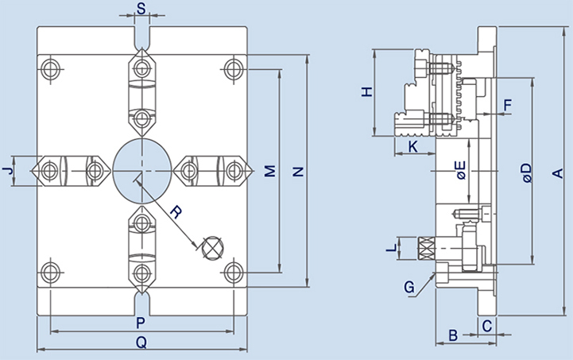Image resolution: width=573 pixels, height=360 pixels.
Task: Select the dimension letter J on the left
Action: pyautogui.click(x=7, y=171)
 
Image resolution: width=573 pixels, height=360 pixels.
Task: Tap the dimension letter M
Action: pyautogui.click(x=269, y=171)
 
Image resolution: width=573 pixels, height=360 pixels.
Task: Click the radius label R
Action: pyautogui.click(x=177, y=212)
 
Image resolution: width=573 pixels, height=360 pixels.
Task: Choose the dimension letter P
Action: pyautogui.click(x=140, y=323)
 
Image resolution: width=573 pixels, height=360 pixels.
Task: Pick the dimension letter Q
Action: pyautogui.click(x=141, y=343)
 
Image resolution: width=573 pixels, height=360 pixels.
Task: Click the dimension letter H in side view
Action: pyautogui.click(x=366, y=91)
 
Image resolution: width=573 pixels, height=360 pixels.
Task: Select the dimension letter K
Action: pyautogui.click(x=413, y=147)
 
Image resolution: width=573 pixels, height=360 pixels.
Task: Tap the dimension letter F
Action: pyautogui.click(x=508, y=104)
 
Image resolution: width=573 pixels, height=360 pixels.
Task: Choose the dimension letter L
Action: pyautogui.click(x=389, y=249)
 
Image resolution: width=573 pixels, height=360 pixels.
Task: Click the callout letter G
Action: pyautogui.click(x=409, y=287)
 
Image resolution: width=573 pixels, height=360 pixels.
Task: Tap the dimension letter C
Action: pyautogui.click(x=487, y=324)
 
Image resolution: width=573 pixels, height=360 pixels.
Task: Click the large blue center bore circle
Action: pyautogui.click(x=141, y=170)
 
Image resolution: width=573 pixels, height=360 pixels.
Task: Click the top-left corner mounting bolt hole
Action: pyautogui.click(x=51, y=68)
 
